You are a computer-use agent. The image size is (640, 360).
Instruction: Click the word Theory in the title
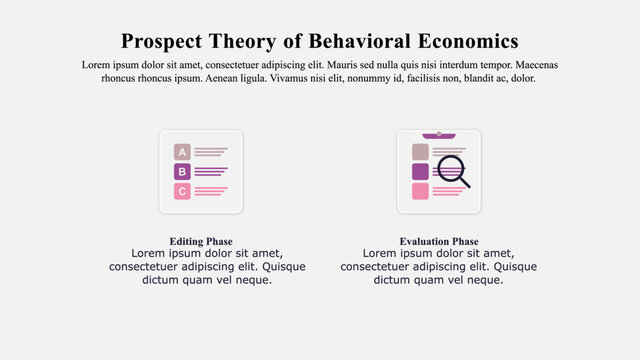(247, 41)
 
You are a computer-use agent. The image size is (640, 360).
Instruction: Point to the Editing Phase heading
(201, 242)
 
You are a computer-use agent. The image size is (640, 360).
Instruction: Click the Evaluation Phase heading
(438, 242)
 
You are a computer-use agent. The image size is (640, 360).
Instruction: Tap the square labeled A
(182, 152)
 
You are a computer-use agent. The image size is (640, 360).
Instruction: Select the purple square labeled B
(182, 172)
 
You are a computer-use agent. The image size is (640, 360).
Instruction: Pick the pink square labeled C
(182, 191)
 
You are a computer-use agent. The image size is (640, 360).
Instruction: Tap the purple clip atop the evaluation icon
(439, 134)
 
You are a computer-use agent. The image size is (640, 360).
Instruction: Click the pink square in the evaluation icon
(420, 191)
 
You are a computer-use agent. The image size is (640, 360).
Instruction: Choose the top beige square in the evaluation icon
(420, 151)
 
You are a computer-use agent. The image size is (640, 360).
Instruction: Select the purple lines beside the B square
(210, 172)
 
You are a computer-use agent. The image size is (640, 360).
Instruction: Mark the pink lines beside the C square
(210, 191)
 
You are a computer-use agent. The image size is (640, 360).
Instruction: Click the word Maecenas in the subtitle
(532, 65)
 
